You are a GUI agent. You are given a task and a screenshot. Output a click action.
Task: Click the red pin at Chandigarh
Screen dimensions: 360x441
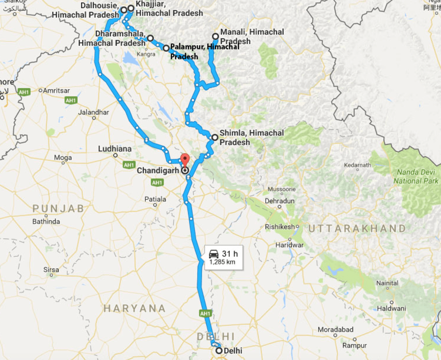pyautogui.click(x=185, y=159)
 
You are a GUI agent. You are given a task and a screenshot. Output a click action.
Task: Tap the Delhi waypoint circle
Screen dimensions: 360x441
pyautogui.click(x=219, y=350)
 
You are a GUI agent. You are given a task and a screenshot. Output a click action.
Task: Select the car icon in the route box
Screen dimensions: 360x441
pyautogui.click(x=214, y=254)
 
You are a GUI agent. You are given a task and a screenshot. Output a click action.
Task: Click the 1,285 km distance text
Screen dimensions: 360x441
pyautogui.click(x=222, y=262)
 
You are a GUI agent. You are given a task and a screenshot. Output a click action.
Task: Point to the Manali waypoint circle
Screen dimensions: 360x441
pyautogui.click(x=216, y=36)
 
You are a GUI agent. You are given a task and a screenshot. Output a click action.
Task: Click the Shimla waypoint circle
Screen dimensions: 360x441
pyautogui.click(x=215, y=137)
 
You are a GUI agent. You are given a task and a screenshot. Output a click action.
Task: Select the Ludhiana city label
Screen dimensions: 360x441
pyautogui.click(x=115, y=149)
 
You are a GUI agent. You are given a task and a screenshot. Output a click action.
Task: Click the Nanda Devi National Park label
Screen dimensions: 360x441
pyautogui.click(x=416, y=176)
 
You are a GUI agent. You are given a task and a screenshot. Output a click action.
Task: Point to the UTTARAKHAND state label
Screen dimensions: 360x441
pyautogui.click(x=357, y=228)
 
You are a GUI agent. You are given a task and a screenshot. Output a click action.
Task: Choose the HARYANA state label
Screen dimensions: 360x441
pyautogui.click(x=135, y=308)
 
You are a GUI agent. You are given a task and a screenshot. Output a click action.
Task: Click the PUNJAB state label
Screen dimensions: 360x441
pyautogui.click(x=58, y=209)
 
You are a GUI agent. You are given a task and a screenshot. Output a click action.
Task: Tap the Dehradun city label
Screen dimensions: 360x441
pyautogui.click(x=280, y=201)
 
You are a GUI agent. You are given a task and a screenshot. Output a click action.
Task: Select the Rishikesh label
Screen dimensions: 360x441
pyautogui.click(x=280, y=227)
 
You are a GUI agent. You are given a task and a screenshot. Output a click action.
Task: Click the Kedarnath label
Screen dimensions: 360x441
pyautogui.click(x=358, y=165)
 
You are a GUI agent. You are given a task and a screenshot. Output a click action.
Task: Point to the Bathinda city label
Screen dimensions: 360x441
pyautogui.click(x=46, y=221)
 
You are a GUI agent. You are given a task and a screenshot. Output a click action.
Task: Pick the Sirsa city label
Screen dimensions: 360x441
pyautogui.click(x=51, y=270)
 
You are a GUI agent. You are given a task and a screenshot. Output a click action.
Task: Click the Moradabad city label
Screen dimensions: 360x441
pyautogui.click(x=336, y=329)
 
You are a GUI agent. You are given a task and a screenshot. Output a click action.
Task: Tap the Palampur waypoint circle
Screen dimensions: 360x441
pyautogui.click(x=166, y=48)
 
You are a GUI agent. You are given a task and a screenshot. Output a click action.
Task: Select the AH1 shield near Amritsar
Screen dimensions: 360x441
pyautogui.click(x=24, y=92)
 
